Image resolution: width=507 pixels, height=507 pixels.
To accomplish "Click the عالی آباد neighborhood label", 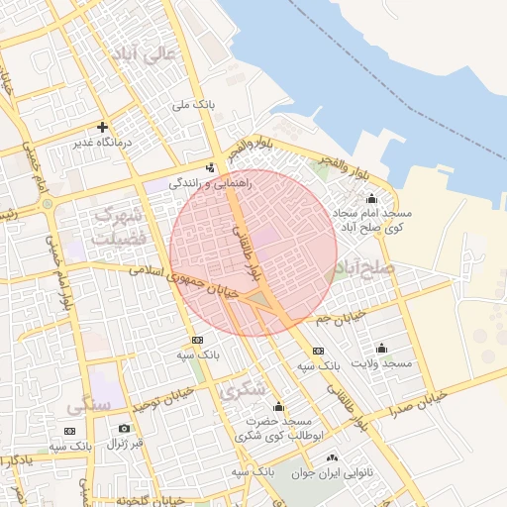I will coord(145,55).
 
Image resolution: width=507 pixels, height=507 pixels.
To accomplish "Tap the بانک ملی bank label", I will coord(193,104).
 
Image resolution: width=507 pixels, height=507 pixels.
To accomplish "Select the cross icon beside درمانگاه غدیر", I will coord(102,128).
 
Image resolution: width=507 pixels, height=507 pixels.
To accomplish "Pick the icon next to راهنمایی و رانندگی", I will coord(210,167).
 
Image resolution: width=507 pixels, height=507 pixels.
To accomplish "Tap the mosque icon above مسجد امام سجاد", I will coord(371,199).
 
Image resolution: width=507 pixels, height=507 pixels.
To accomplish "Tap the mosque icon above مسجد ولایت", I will coord(381,348).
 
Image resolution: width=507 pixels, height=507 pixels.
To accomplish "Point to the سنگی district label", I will coord(82,405).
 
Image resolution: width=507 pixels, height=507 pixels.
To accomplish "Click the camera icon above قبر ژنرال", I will coord(124,428).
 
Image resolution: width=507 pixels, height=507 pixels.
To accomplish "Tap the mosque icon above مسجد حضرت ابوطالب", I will coord(278,406).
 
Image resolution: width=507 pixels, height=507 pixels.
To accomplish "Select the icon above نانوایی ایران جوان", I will coord(331,458).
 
